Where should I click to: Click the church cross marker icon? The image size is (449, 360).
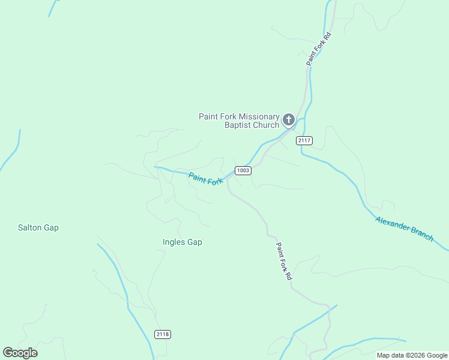pyautogui.click(x=289, y=120)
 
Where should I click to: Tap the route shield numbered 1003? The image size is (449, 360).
pyautogui.click(x=243, y=170)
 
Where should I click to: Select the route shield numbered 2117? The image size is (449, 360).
pyautogui.click(x=304, y=140)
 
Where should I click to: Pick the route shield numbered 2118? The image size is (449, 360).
pyautogui.click(x=163, y=334)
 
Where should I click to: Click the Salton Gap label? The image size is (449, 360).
pyautogui.click(x=38, y=228)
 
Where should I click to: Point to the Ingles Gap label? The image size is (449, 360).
pyautogui.click(x=182, y=242)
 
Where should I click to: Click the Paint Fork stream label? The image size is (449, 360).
pyautogui.click(x=206, y=179)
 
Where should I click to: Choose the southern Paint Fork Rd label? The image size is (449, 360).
pyautogui.click(x=283, y=261)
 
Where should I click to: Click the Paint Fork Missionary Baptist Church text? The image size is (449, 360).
pyautogui.click(x=240, y=121)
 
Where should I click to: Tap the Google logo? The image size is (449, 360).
pyautogui.click(x=20, y=353)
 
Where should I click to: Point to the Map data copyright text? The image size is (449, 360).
pyautogui.click(x=412, y=355)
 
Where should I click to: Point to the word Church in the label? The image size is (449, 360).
pyautogui.click(x=267, y=125)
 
